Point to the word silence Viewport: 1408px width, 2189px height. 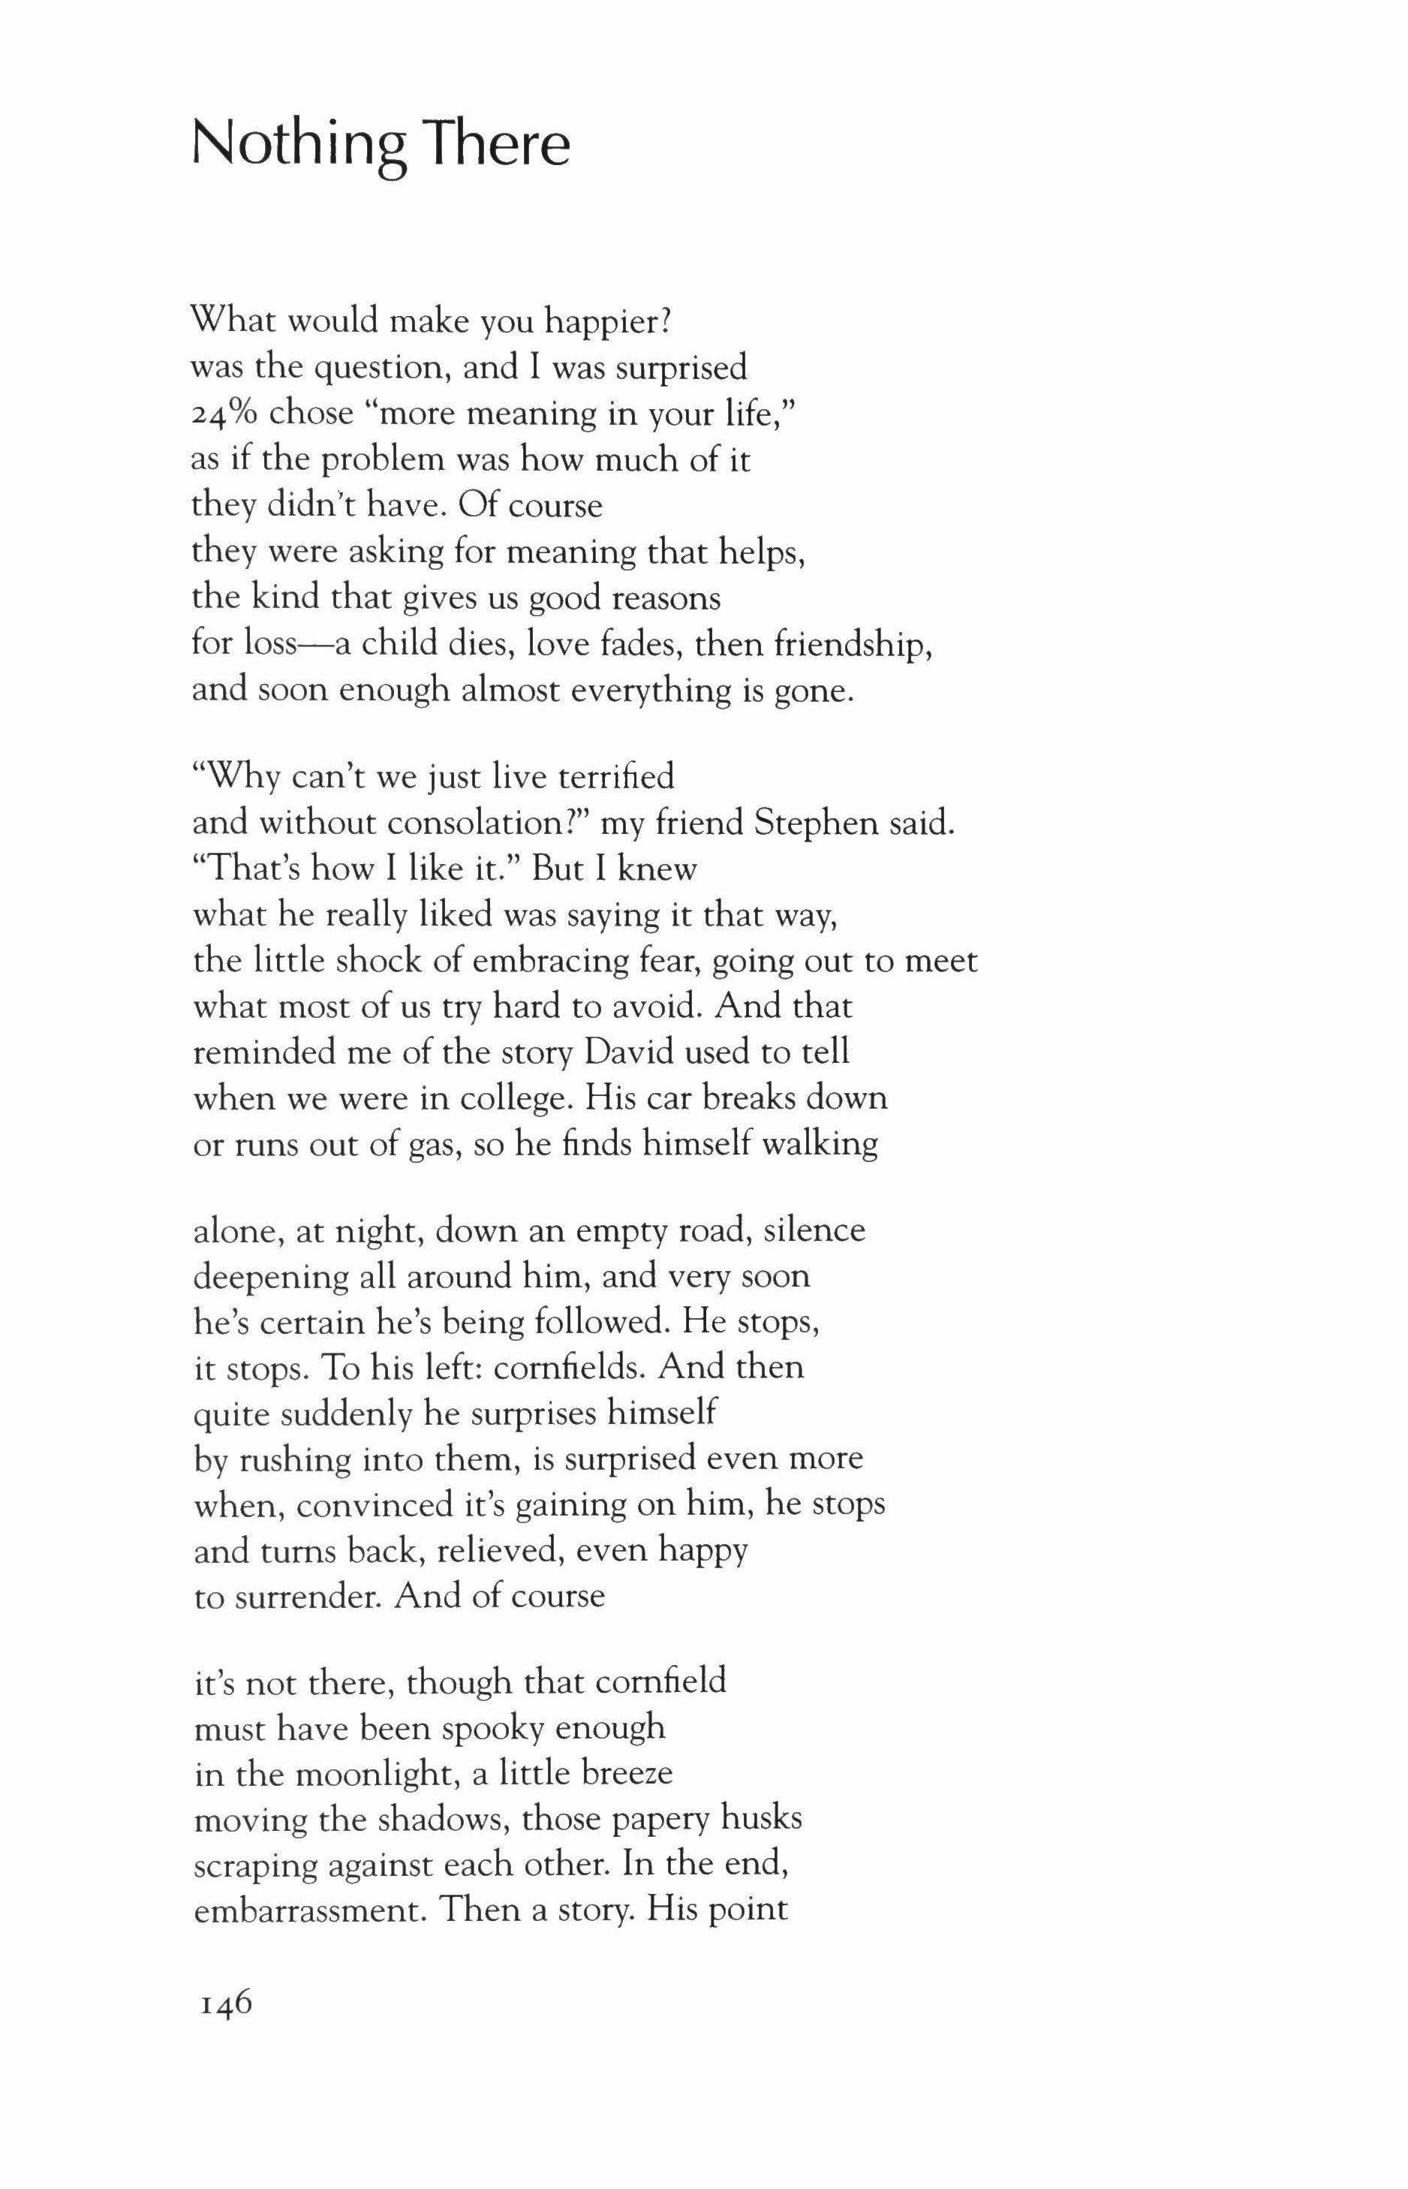coord(814,1230)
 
